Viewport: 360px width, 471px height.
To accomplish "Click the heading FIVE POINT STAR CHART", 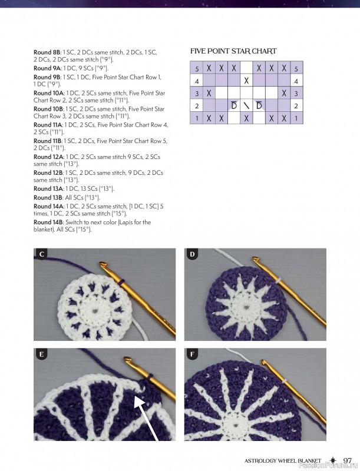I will point(233,52).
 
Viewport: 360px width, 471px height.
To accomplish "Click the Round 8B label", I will point(47,52).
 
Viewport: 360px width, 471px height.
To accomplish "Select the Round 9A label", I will point(47,68).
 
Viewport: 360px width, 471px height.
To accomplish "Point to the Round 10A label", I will point(48,93).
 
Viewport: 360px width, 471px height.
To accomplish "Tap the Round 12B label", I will point(48,173).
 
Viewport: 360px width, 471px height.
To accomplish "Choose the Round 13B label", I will point(48,198).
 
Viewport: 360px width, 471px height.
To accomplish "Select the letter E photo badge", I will point(42,354).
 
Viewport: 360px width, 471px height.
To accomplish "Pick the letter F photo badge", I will point(193,354).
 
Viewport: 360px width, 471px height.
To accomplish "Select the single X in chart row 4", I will point(246,81).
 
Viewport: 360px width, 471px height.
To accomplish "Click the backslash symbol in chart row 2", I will point(246,106).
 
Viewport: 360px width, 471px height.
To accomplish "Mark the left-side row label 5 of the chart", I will point(196,68).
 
